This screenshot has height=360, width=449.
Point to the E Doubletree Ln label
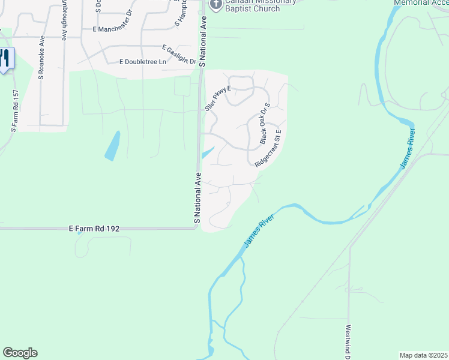(149, 62)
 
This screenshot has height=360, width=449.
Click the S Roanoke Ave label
(41, 58)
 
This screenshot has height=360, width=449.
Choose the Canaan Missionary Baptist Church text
(252, 5)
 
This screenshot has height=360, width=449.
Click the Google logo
(20, 353)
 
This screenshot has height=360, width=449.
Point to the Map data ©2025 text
(423, 355)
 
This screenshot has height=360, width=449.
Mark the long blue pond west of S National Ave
(112, 146)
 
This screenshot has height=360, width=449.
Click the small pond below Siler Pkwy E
(207, 152)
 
